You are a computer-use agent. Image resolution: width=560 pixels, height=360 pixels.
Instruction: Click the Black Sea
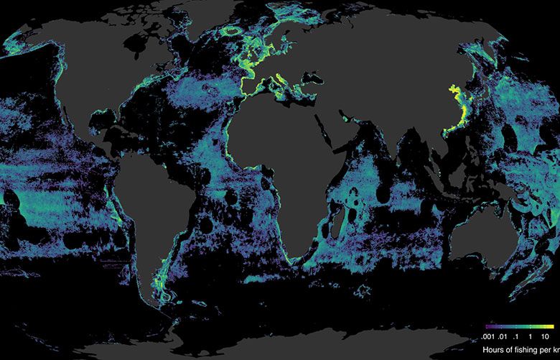(311, 97)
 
